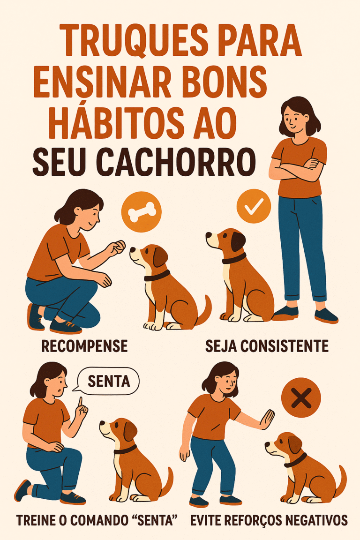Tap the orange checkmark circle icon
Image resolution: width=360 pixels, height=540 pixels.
pos(254,205)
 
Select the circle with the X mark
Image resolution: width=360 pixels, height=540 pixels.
pos(301,398)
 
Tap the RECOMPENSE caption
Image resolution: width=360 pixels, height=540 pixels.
pos(84,346)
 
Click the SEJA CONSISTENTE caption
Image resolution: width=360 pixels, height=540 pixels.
pos(267,346)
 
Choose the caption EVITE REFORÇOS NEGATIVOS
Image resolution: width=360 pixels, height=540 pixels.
pos(269,520)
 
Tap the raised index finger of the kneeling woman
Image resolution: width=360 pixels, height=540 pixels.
pos(80,403)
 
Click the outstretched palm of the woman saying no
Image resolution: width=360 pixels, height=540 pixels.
pos(267,419)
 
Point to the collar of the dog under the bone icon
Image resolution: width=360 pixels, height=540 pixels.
pos(157,276)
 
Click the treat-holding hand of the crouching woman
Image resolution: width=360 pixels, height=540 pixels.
pos(117,246)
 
